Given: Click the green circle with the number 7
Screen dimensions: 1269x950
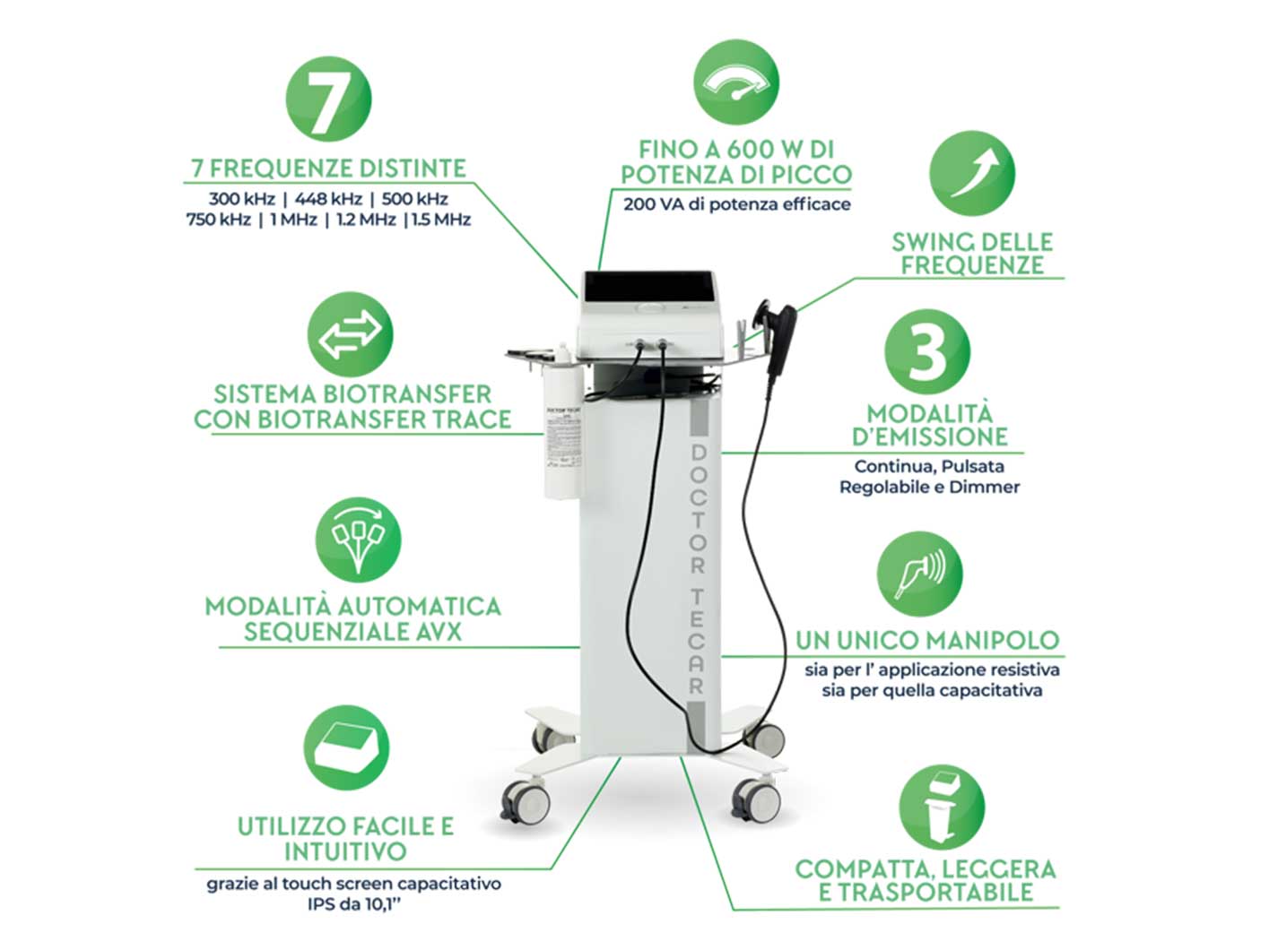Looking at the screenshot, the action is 328,99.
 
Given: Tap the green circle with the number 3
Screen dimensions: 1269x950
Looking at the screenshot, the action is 926,351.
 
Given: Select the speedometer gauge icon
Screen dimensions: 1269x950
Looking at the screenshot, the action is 736,82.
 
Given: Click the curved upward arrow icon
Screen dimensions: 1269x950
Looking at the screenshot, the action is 972,173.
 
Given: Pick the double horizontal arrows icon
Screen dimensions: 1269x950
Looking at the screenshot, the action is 350,334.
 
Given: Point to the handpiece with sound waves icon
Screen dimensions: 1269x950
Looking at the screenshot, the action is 920,574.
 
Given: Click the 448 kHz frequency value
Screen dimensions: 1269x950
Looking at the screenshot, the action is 328,199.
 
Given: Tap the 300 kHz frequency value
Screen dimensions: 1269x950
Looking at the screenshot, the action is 241,199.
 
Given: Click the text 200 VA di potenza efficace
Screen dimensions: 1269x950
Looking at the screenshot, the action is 736,204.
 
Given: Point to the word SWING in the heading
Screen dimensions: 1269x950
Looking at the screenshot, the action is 929,242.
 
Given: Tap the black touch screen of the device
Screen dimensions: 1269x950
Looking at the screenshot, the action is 649,287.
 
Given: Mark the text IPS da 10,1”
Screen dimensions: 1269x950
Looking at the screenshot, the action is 354,904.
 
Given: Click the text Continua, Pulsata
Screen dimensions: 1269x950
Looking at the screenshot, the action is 929,466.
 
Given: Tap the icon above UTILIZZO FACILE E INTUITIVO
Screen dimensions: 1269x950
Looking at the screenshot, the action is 346,747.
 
